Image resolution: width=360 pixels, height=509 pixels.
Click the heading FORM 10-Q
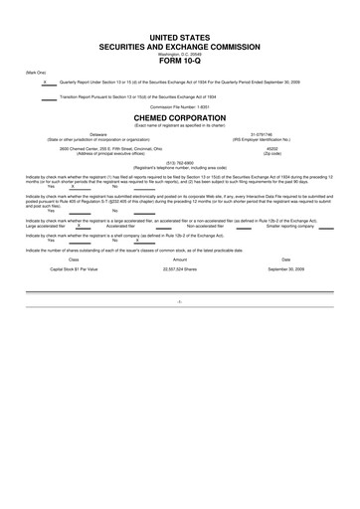coord(179,66)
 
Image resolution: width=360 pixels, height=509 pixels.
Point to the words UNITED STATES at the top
coord(179,36)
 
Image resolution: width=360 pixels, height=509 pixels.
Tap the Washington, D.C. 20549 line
coord(179,56)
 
